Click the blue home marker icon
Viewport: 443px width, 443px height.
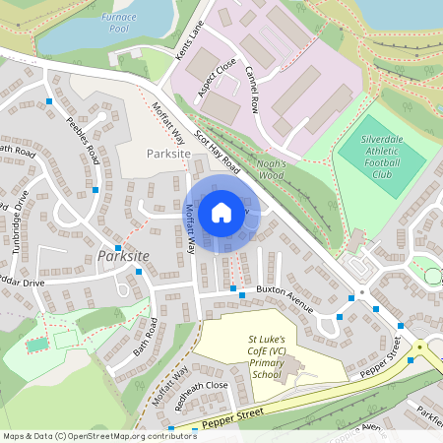coord(221,212)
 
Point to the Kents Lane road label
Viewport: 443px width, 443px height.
coord(187,45)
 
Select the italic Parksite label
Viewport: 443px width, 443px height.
coord(122,256)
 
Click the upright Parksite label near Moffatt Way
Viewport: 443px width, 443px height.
coord(167,155)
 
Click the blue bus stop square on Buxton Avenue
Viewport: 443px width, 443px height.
coord(233,288)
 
